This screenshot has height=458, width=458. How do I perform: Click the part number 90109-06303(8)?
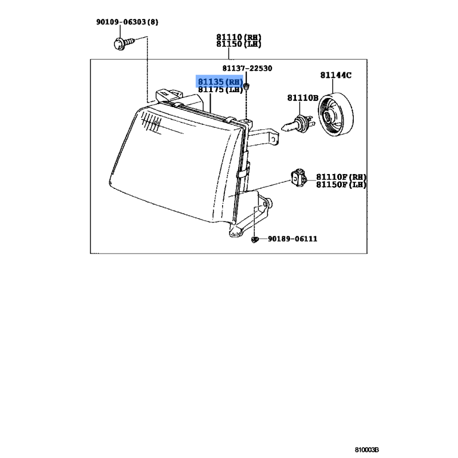[127, 22]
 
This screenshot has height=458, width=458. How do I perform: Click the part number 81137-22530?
[247, 68]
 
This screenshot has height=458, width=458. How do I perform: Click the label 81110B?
[302, 98]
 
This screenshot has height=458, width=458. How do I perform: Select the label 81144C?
[336, 75]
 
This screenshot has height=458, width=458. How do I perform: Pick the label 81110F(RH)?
[341, 177]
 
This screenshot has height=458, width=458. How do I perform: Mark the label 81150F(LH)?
[341, 184]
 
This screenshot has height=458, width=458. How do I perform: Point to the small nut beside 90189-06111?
[255, 239]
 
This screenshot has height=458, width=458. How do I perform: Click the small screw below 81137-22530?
[246, 86]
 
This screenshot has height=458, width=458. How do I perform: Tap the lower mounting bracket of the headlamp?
[255, 215]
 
